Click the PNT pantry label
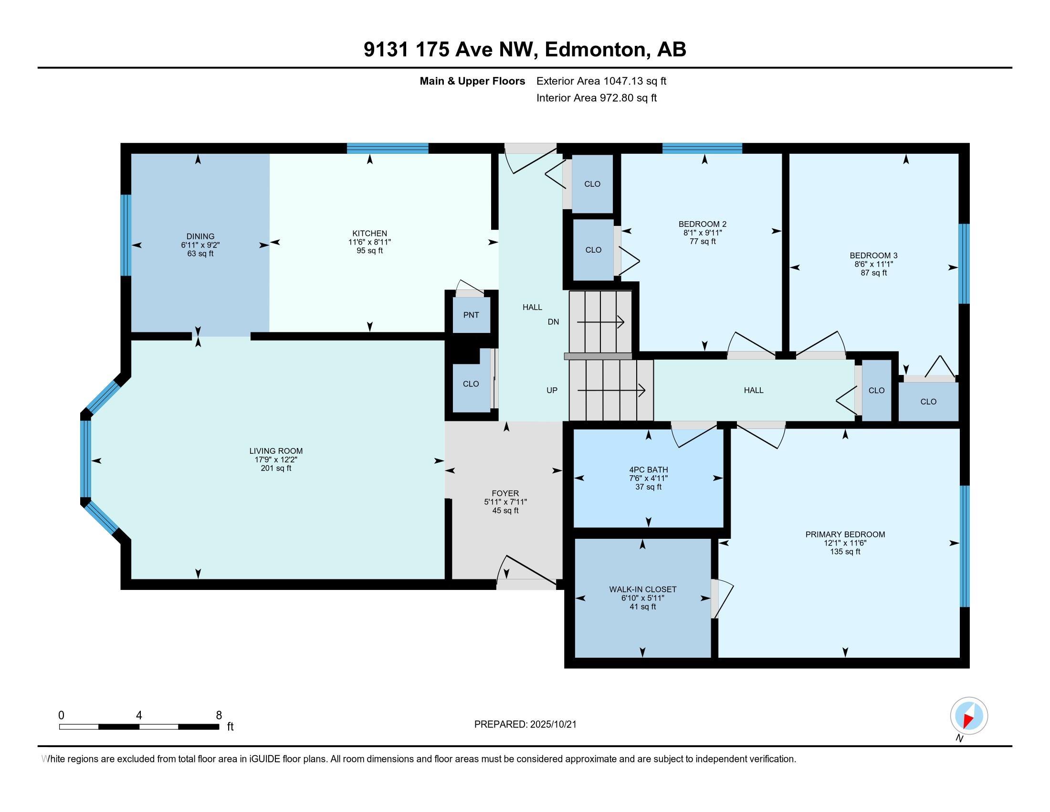coord(471,315)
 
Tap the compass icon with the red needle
coord(969,716)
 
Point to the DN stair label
coord(553,322)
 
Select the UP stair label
coord(552,390)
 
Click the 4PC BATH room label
coord(648,470)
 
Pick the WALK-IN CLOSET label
coord(643,589)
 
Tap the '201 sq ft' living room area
coord(276,468)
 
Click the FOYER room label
coord(505,493)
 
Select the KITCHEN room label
coord(370,233)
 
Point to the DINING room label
coord(200,236)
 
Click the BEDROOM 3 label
coord(873,256)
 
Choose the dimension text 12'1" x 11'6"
coord(845,543)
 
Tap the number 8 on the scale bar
coord(219,716)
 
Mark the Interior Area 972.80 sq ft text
coord(597,98)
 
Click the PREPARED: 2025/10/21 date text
coord(525,725)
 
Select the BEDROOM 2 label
coord(703,224)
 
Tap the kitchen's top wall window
coord(388,148)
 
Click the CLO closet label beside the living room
coord(471,384)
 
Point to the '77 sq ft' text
coord(703,242)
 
